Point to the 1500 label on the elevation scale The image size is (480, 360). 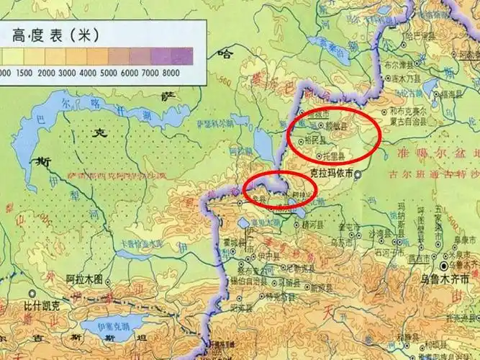pos(24,73)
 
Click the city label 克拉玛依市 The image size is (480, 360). pos(331,174)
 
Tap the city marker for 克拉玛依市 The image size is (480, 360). pos(358,174)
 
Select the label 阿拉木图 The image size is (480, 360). pos(84,279)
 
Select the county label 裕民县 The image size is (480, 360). pos(315,140)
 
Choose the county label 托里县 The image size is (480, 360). pos(332,156)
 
